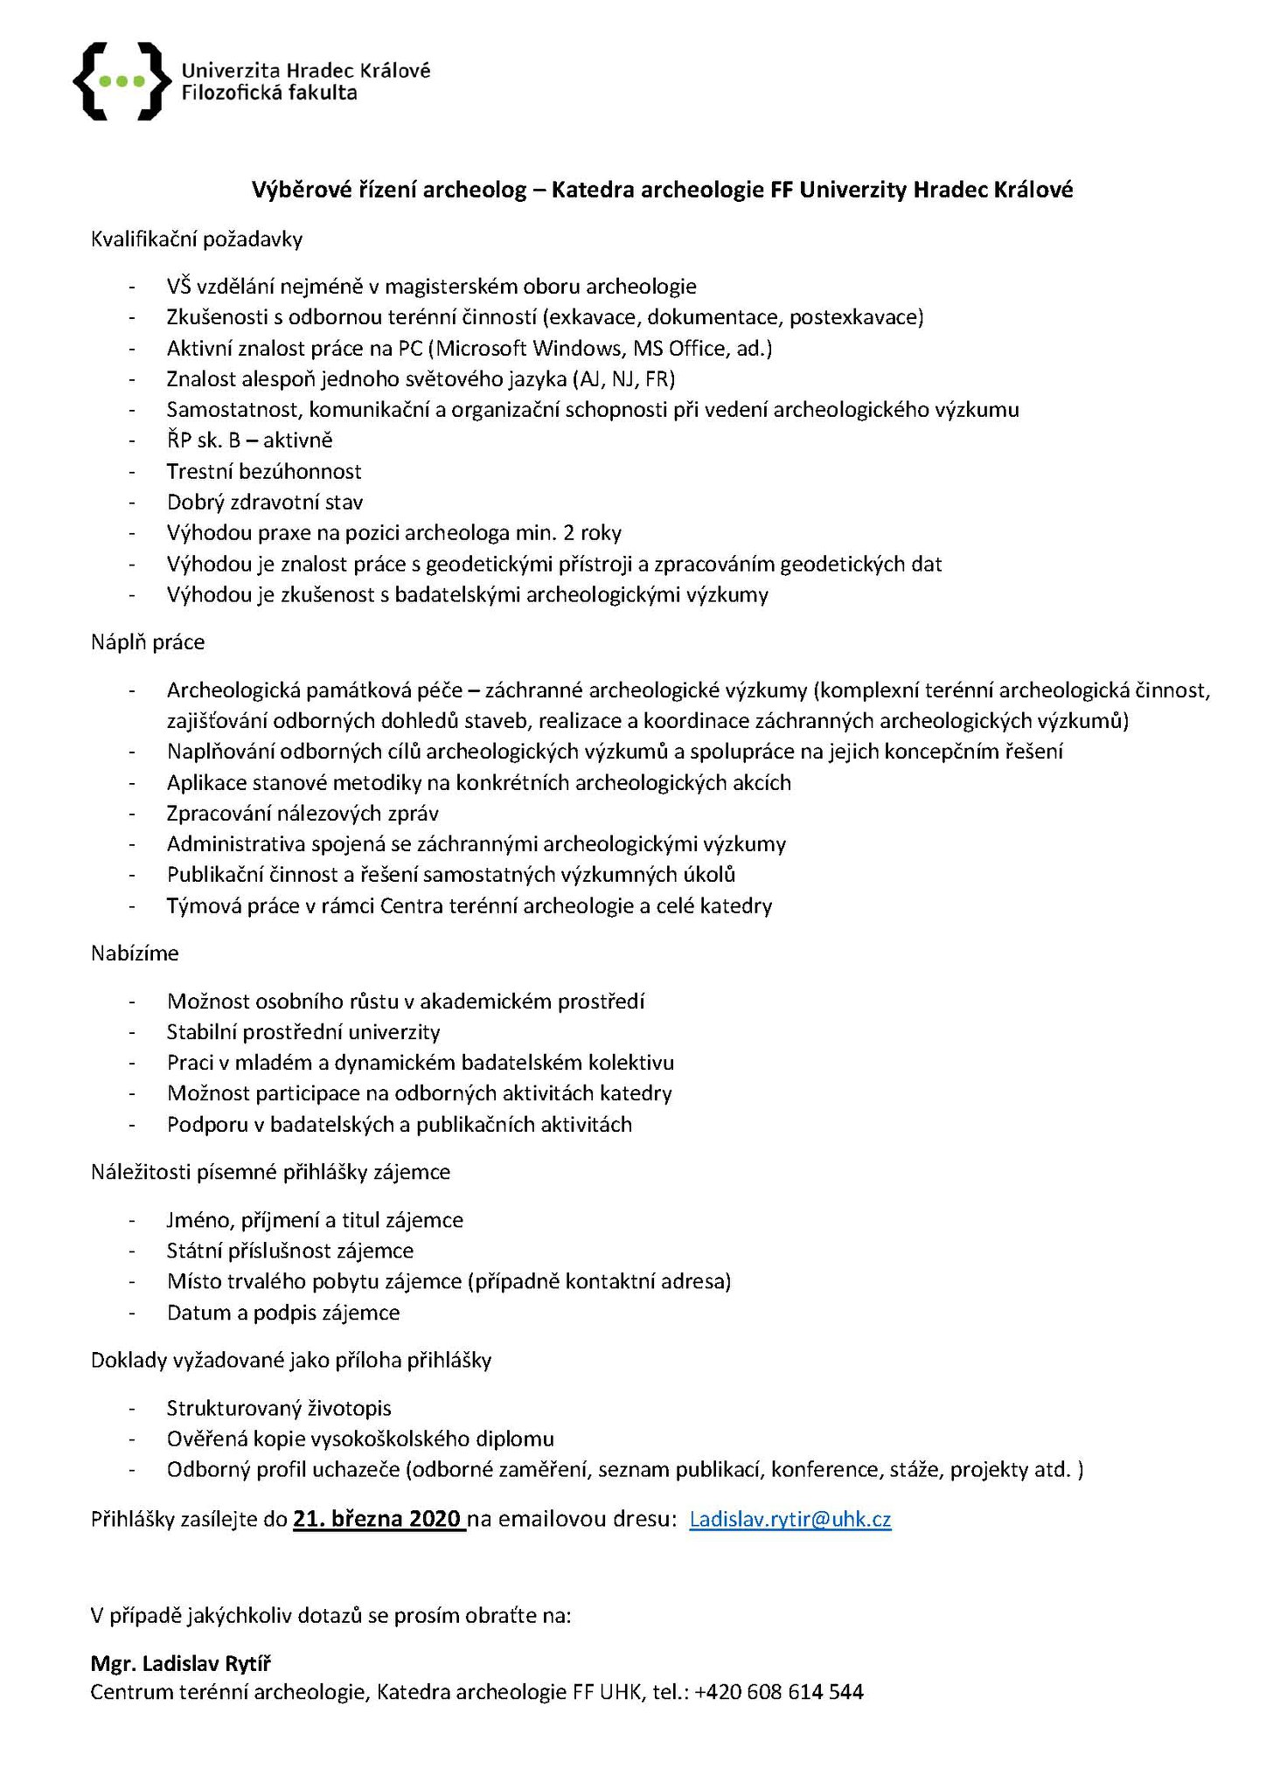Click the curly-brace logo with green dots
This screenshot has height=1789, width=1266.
pyautogui.click(x=122, y=81)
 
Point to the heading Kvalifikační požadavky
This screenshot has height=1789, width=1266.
pyautogui.click(x=197, y=239)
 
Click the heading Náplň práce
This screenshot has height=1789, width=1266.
pyautogui.click(x=148, y=642)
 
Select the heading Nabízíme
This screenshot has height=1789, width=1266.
pyautogui.click(x=135, y=953)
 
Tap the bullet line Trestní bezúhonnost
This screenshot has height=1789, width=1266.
pyautogui.click(x=264, y=472)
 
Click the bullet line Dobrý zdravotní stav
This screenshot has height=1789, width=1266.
pyautogui.click(x=265, y=503)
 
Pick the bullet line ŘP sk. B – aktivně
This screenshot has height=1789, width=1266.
pyautogui.click(x=250, y=440)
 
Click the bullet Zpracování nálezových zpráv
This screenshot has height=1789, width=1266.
pyautogui.click(x=303, y=814)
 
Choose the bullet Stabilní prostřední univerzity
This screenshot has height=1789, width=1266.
pyautogui.click(x=303, y=1032)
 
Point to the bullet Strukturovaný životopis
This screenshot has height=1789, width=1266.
pyautogui.click(x=279, y=1408)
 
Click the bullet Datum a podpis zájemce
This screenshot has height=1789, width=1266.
pyautogui.click(x=283, y=1313)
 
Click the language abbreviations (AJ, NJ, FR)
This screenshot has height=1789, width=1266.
pyautogui.click(x=624, y=378)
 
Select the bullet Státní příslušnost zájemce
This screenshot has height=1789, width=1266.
pyautogui.click(x=290, y=1251)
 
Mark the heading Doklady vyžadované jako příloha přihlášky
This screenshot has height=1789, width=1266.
pyautogui.click(x=291, y=1360)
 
